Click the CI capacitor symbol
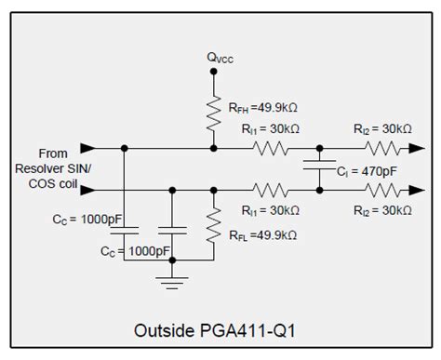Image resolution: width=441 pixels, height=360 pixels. (x=319, y=168)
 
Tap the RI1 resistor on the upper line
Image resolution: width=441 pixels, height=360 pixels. (x=274, y=148)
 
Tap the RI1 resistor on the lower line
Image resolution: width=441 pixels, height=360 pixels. (x=274, y=189)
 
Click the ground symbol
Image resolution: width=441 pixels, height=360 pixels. (x=169, y=278)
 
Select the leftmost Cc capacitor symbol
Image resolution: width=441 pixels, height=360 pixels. (x=129, y=227)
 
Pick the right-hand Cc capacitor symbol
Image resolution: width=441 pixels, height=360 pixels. (x=169, y=227)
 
